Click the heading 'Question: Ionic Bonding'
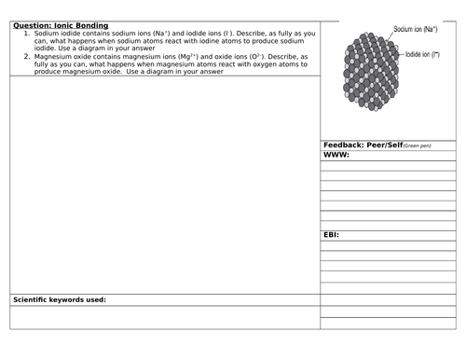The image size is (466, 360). [61, 25]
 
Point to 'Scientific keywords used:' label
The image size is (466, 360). [60, 299]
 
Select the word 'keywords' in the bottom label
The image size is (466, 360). [64, 299]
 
